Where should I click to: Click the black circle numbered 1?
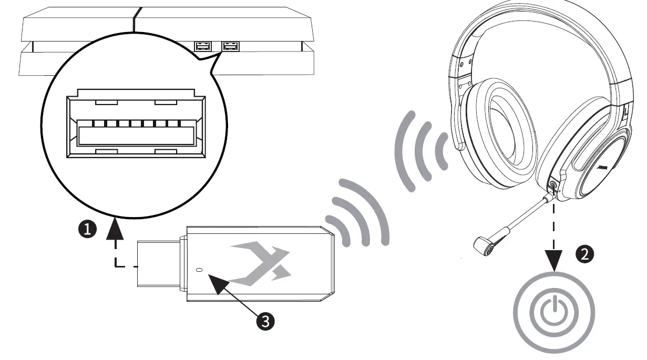pos(88,229)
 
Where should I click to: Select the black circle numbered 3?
pos(265,320)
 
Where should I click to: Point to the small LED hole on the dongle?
pos(198,270)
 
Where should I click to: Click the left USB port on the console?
pos(202,47)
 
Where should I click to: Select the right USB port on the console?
pos(230,47)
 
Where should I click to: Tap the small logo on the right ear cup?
pos(604,167)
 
